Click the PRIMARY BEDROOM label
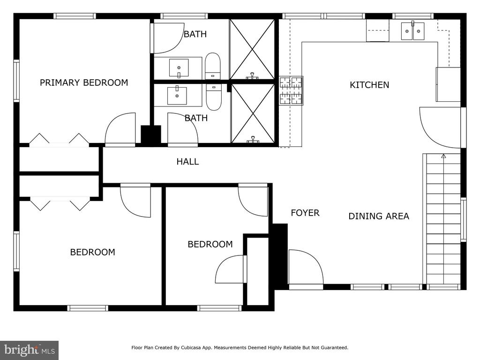point(84,82)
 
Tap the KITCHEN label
point(369,85)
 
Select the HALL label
point(187,161)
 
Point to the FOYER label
point(305,213)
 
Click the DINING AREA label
point(379,216)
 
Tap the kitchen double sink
point(412,31)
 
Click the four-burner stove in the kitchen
point(291,90)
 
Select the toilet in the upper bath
point(212,66)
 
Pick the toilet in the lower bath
point(214,97)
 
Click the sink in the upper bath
point(179,67)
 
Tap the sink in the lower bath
point(177,96)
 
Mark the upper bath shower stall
point(252,49)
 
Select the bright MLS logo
point(30,350)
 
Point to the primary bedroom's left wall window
point(16,81)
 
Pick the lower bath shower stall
point(253,113)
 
